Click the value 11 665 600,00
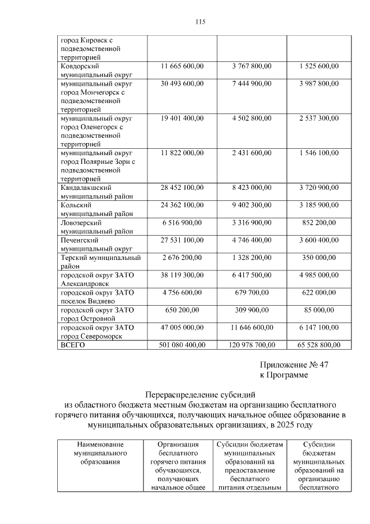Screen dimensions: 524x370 [x=182, y=67]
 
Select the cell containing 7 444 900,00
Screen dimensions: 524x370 [x=251, y=84]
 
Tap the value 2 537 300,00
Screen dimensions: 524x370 [x=319, y=118]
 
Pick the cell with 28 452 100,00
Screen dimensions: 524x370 [x=182, y=188]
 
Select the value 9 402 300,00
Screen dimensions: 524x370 [x=251, y=205]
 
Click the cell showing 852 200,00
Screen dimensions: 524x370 [x=319, y=222]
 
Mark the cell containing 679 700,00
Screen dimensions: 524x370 [x=251, y=292]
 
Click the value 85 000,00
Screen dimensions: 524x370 [x=319, y=310]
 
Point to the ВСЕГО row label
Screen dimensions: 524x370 [x=73, y=345]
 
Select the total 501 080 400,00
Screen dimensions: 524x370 [x=182, y=345]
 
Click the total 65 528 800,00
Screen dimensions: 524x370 [x=319, y=345]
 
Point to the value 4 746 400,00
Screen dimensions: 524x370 [x=251, y=240]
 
